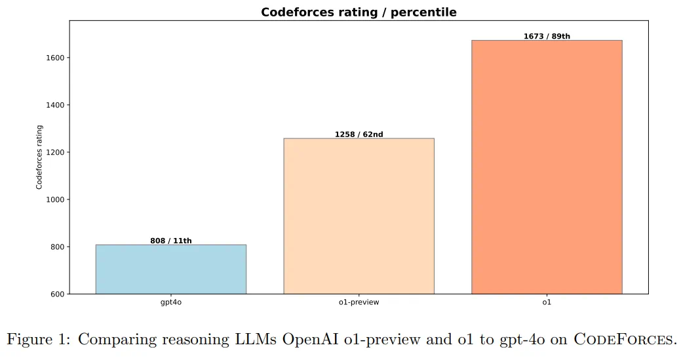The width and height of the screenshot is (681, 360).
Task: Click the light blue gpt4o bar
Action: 170,269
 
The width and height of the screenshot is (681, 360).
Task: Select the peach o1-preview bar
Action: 359,216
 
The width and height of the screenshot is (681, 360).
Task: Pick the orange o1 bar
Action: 547,167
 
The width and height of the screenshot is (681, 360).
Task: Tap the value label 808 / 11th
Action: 171,241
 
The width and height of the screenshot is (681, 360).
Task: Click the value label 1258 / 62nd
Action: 359,134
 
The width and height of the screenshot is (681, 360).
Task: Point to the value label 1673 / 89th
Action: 547,36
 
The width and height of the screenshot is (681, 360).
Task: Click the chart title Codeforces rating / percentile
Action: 359,12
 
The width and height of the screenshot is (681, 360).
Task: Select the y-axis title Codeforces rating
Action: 39,157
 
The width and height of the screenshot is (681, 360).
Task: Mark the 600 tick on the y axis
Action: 56,294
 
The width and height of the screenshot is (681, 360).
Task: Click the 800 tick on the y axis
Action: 56,247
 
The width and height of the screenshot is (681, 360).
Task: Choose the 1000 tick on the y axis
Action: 54,200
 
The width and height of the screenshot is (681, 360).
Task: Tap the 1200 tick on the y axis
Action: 54,152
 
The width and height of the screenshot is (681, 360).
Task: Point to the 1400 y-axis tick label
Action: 54,105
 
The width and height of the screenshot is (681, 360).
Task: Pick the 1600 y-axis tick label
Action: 54,58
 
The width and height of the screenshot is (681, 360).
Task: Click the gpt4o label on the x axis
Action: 171,303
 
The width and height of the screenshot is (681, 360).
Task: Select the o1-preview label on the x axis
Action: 359,303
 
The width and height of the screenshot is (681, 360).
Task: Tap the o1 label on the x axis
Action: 547,303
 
